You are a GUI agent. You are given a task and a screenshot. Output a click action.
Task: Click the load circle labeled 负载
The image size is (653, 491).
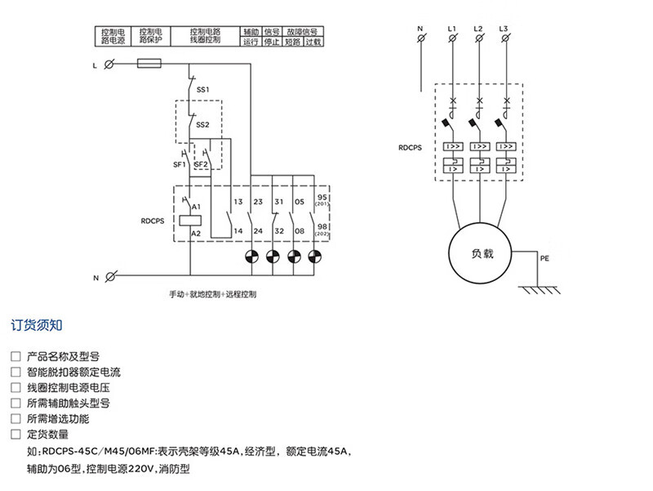478,254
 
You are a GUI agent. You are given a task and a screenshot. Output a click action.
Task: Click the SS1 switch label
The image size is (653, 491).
203,88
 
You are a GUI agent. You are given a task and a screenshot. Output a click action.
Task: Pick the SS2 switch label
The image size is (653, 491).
202,125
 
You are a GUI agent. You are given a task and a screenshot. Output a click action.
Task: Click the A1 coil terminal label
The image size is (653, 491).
196,208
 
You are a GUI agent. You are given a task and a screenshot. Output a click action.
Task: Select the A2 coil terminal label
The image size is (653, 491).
196,234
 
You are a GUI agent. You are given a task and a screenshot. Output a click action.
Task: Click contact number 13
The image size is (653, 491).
238,201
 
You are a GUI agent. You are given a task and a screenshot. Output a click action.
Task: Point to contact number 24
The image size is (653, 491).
258,232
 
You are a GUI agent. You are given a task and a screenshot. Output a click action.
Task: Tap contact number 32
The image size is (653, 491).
278,232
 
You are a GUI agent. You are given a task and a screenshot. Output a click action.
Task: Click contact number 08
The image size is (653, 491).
300,232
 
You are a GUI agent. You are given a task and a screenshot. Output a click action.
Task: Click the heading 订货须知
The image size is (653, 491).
36,324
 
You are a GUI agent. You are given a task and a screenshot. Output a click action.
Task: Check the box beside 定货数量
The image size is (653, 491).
16,435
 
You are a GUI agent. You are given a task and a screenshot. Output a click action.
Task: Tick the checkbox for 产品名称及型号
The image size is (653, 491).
16,357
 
